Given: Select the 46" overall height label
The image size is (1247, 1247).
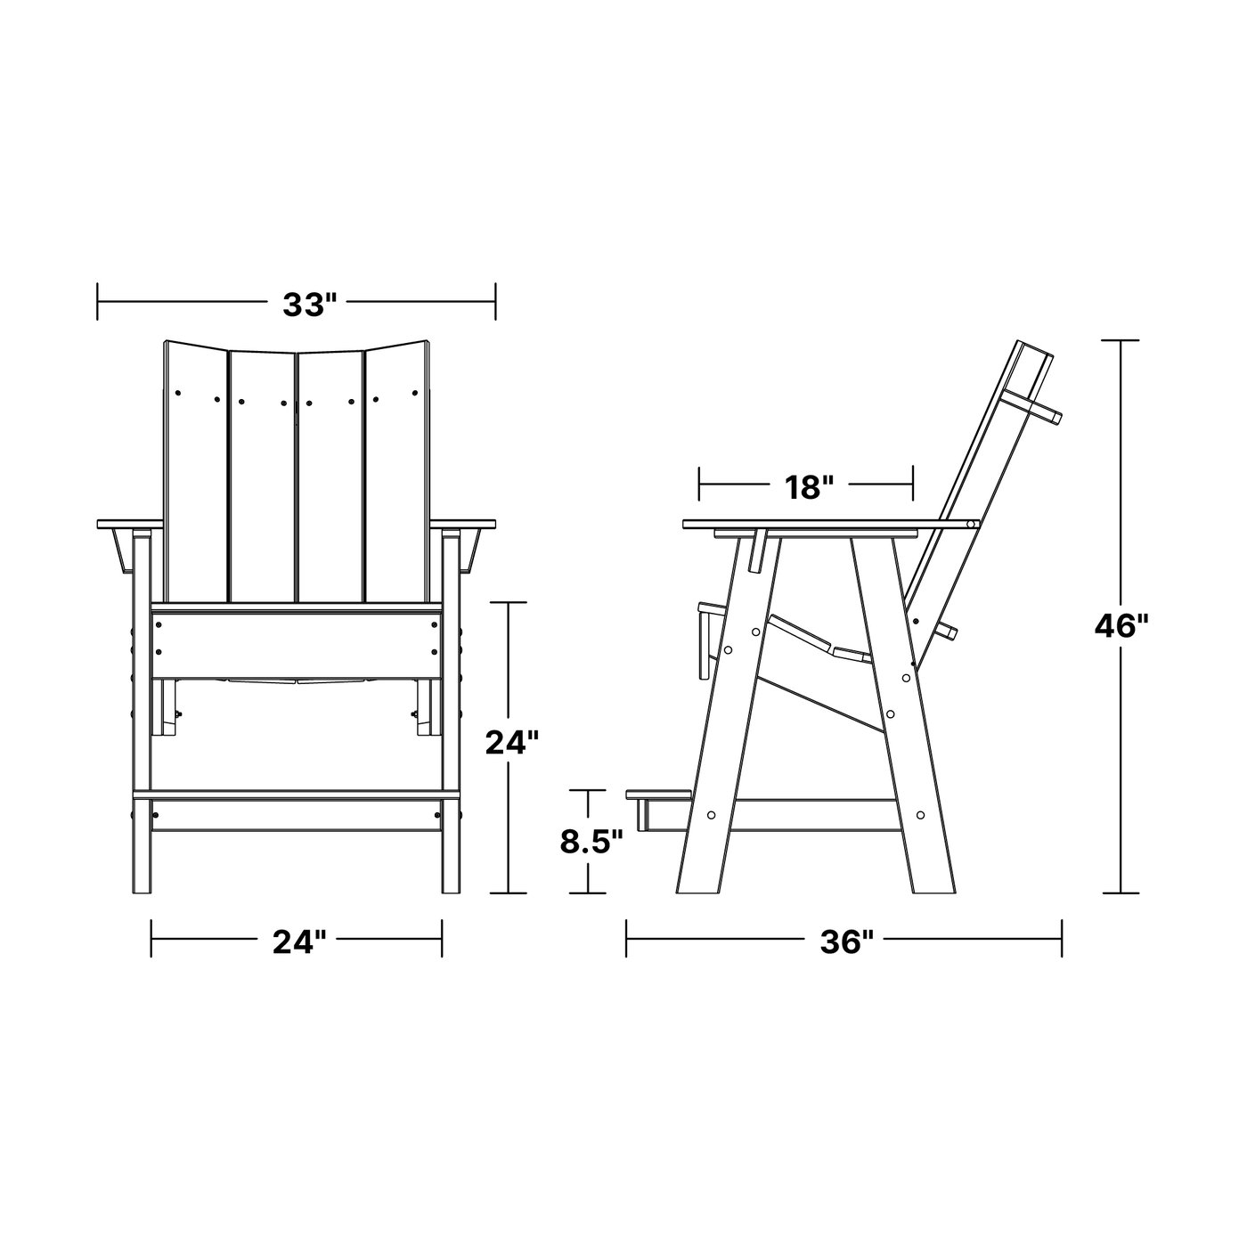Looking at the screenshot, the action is click(x=1121, y=626).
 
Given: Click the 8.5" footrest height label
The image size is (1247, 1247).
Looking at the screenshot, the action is click(x=591, y=843).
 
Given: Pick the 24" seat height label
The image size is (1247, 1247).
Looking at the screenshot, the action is click(x=512, y=742).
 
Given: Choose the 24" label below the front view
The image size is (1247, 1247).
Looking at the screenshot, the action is click(x=298, y=942).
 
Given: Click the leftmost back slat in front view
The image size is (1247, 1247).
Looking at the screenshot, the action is click(x=195, y=471).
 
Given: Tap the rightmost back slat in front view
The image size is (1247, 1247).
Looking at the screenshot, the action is click(x=396, y=471).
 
